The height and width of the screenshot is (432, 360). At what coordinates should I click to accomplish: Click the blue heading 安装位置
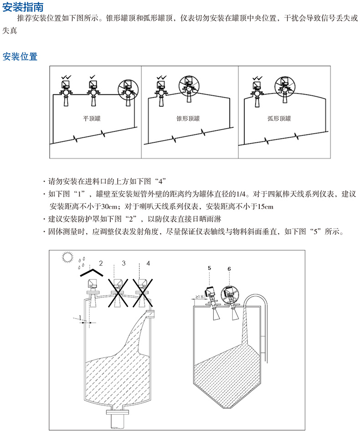click(20, 57)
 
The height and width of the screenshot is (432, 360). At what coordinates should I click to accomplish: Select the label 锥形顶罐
click(188, 119)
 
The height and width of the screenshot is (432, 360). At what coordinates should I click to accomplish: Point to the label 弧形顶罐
click(279, 119)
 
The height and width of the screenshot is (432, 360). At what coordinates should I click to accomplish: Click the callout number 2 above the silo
click(101, 263)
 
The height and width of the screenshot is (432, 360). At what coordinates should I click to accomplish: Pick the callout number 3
click(123, 263)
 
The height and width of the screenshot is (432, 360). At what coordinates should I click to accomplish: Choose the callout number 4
click(147, 263)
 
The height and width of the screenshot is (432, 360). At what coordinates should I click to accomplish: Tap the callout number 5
click(209, 269)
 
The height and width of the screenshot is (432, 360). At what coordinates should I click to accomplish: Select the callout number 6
click(229, 269)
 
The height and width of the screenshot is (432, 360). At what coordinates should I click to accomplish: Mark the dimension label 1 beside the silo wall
click(80, 317)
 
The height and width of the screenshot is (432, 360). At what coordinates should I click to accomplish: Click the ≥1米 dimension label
click(199, 297)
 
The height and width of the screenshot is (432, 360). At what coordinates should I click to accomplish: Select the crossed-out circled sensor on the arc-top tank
click(284, 84)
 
